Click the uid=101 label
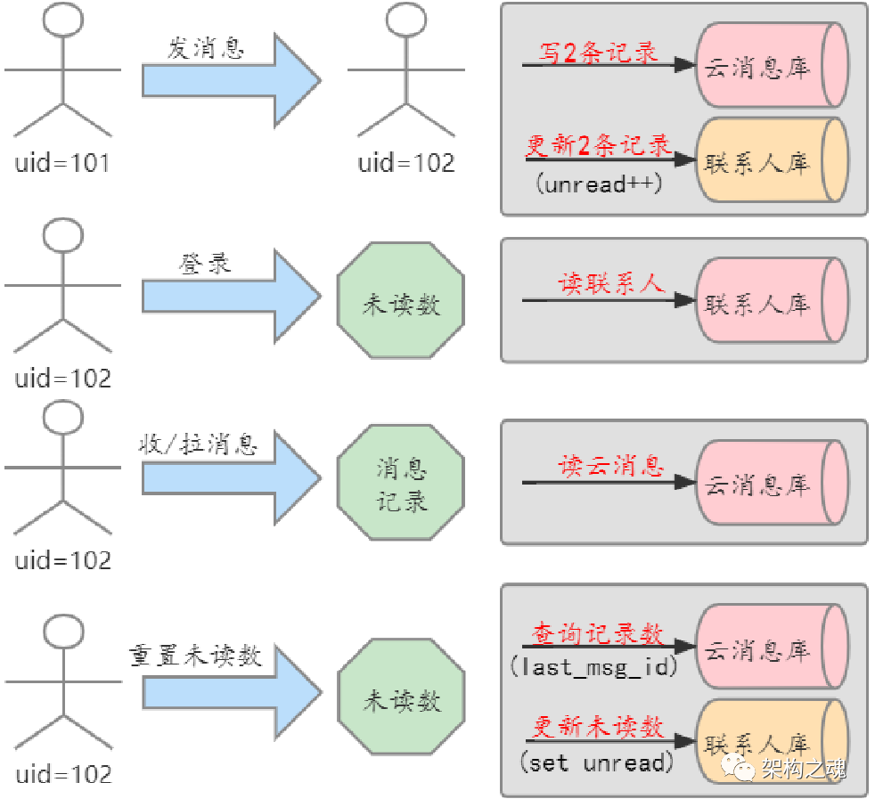click(61, 163)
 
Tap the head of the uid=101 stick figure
click(63, 20)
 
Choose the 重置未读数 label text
click(196, 656)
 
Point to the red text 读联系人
click(611, 284)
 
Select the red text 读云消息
click(611, 466)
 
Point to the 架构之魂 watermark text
click(802, 767)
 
